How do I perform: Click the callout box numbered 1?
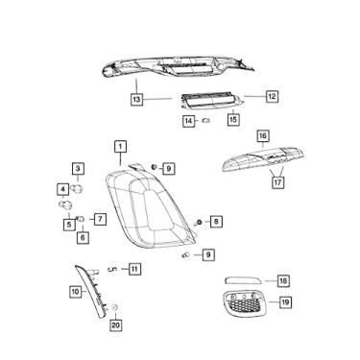click(120, 146)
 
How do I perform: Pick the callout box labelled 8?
click(216, 222)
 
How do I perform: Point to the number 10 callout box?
click(75, 291)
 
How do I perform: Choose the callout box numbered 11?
click(135, 268)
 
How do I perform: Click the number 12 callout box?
click(272, 97)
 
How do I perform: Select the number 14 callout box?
click(189, 121)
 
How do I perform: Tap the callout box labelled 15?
click(233, 120)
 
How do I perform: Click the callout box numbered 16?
click(263, 136)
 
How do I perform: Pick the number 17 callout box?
click(277, 180)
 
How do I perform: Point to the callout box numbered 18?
click(283, 280)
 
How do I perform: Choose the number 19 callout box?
click(285, 302)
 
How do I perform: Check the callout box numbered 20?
click(115, 325)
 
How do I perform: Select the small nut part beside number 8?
click(199, 222)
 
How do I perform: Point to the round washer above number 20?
click(115, 308)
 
